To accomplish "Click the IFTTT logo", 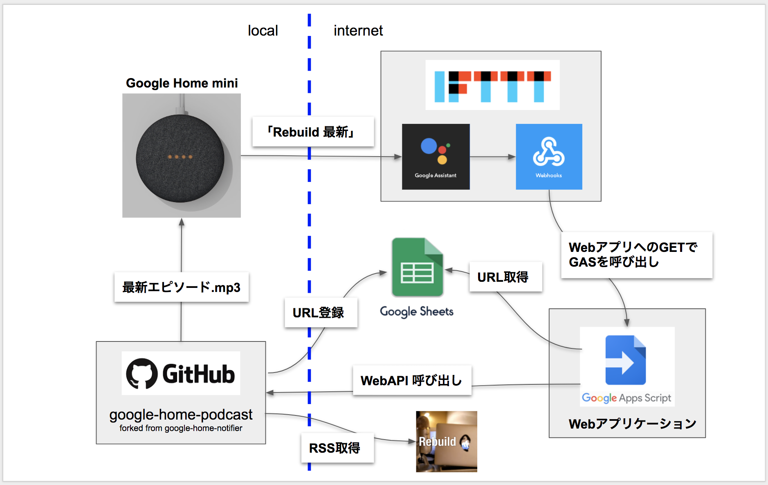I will click(492, 85).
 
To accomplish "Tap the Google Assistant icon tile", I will click(436, 157).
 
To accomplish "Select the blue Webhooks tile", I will click(549, 157).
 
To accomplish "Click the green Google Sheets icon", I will click(417, 267).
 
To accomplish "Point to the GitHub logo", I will click(181, 373).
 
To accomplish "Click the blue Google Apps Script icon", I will click(625, 360).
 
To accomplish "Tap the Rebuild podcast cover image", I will click(447, 442).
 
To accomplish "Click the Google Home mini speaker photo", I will click(181, 156).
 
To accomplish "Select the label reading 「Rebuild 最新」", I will click(313, 132).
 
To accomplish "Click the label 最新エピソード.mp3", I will click(181, 287).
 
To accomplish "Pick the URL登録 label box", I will click(321, 313).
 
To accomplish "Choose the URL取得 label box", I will click(505, 277).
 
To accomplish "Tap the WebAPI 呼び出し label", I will click(412, 380).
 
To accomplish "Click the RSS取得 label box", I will click(337, 448).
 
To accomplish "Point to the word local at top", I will click(263, 31).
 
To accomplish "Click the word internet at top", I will click(358, 31).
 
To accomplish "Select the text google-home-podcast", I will click(181, 415).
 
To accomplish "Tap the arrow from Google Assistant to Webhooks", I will click(492, 157).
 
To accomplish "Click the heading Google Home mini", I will click(182, 83).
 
